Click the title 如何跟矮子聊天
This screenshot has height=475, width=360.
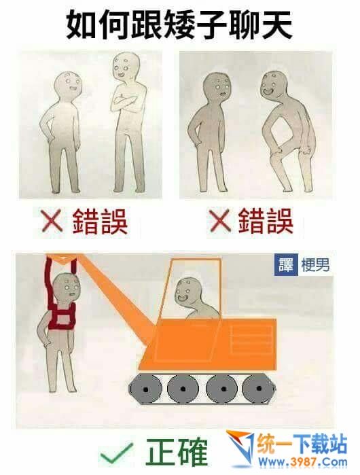(x=179, y=25)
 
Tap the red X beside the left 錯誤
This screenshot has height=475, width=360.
(x=52, y=221)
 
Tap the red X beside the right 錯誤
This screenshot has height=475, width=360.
(x=219, y=221)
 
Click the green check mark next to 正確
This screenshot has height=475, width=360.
(x=116, y=453)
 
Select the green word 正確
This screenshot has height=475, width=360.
(x=177, y=452)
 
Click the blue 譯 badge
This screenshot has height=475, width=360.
(x=286, y=266)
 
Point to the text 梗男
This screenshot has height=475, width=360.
(x=315, y=266)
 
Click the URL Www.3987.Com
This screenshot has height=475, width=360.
(x=302, y=462)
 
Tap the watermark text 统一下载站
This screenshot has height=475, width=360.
(x=302, y=444)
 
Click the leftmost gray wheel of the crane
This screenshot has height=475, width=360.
(x=145, y=389)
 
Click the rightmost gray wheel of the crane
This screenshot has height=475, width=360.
(x=258, y=388)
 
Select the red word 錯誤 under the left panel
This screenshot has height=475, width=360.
(x=100, y=221)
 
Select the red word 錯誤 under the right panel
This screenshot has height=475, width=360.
(x=266, y=221)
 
